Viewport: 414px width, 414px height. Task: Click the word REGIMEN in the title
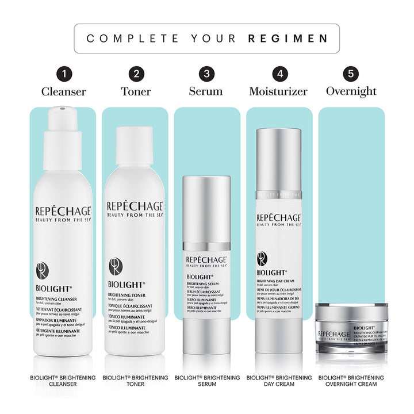click(288, 39)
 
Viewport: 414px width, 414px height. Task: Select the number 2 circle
click(136, 74)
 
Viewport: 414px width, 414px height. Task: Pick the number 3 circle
click(206, 74)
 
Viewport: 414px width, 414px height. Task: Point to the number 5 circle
click(351, 74)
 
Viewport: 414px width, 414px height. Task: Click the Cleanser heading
click(63, 91)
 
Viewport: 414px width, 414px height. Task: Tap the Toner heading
click(136, 91)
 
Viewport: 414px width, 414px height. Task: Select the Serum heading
click(206, 91)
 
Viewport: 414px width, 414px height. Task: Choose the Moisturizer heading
click(278, 91)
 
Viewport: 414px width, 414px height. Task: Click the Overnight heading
click(351, 91)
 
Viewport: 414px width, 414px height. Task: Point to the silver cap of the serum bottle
click(207, 207)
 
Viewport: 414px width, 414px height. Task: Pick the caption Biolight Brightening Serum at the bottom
click(207, 381)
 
